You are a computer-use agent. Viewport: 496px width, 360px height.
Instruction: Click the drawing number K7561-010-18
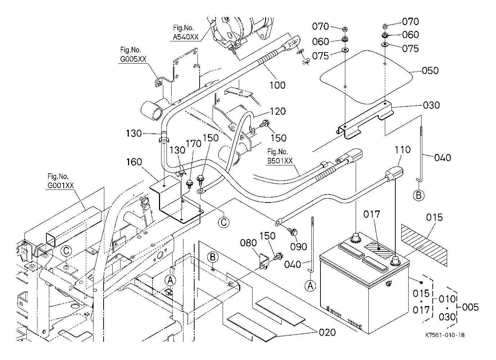(444, 335)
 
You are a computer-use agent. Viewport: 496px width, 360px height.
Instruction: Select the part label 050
(430, 70)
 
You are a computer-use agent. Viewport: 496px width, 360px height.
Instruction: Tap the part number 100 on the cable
(277, 85)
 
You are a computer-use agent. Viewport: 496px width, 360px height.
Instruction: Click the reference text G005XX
(133, 59)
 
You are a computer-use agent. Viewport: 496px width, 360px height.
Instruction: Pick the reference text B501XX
(280, 161)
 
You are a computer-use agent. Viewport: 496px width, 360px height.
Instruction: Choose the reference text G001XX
(60, 185)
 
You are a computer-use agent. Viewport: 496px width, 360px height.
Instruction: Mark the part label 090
(299, 246)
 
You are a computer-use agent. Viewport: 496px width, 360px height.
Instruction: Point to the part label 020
(327, 332)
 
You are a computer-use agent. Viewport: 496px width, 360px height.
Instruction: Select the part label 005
(470, 307)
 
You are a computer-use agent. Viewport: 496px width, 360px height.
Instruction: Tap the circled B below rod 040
(418, 196)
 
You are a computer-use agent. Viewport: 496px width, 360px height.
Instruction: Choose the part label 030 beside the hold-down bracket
(431, 105)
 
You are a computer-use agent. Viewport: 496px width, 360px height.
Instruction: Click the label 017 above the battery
(371, 215)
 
